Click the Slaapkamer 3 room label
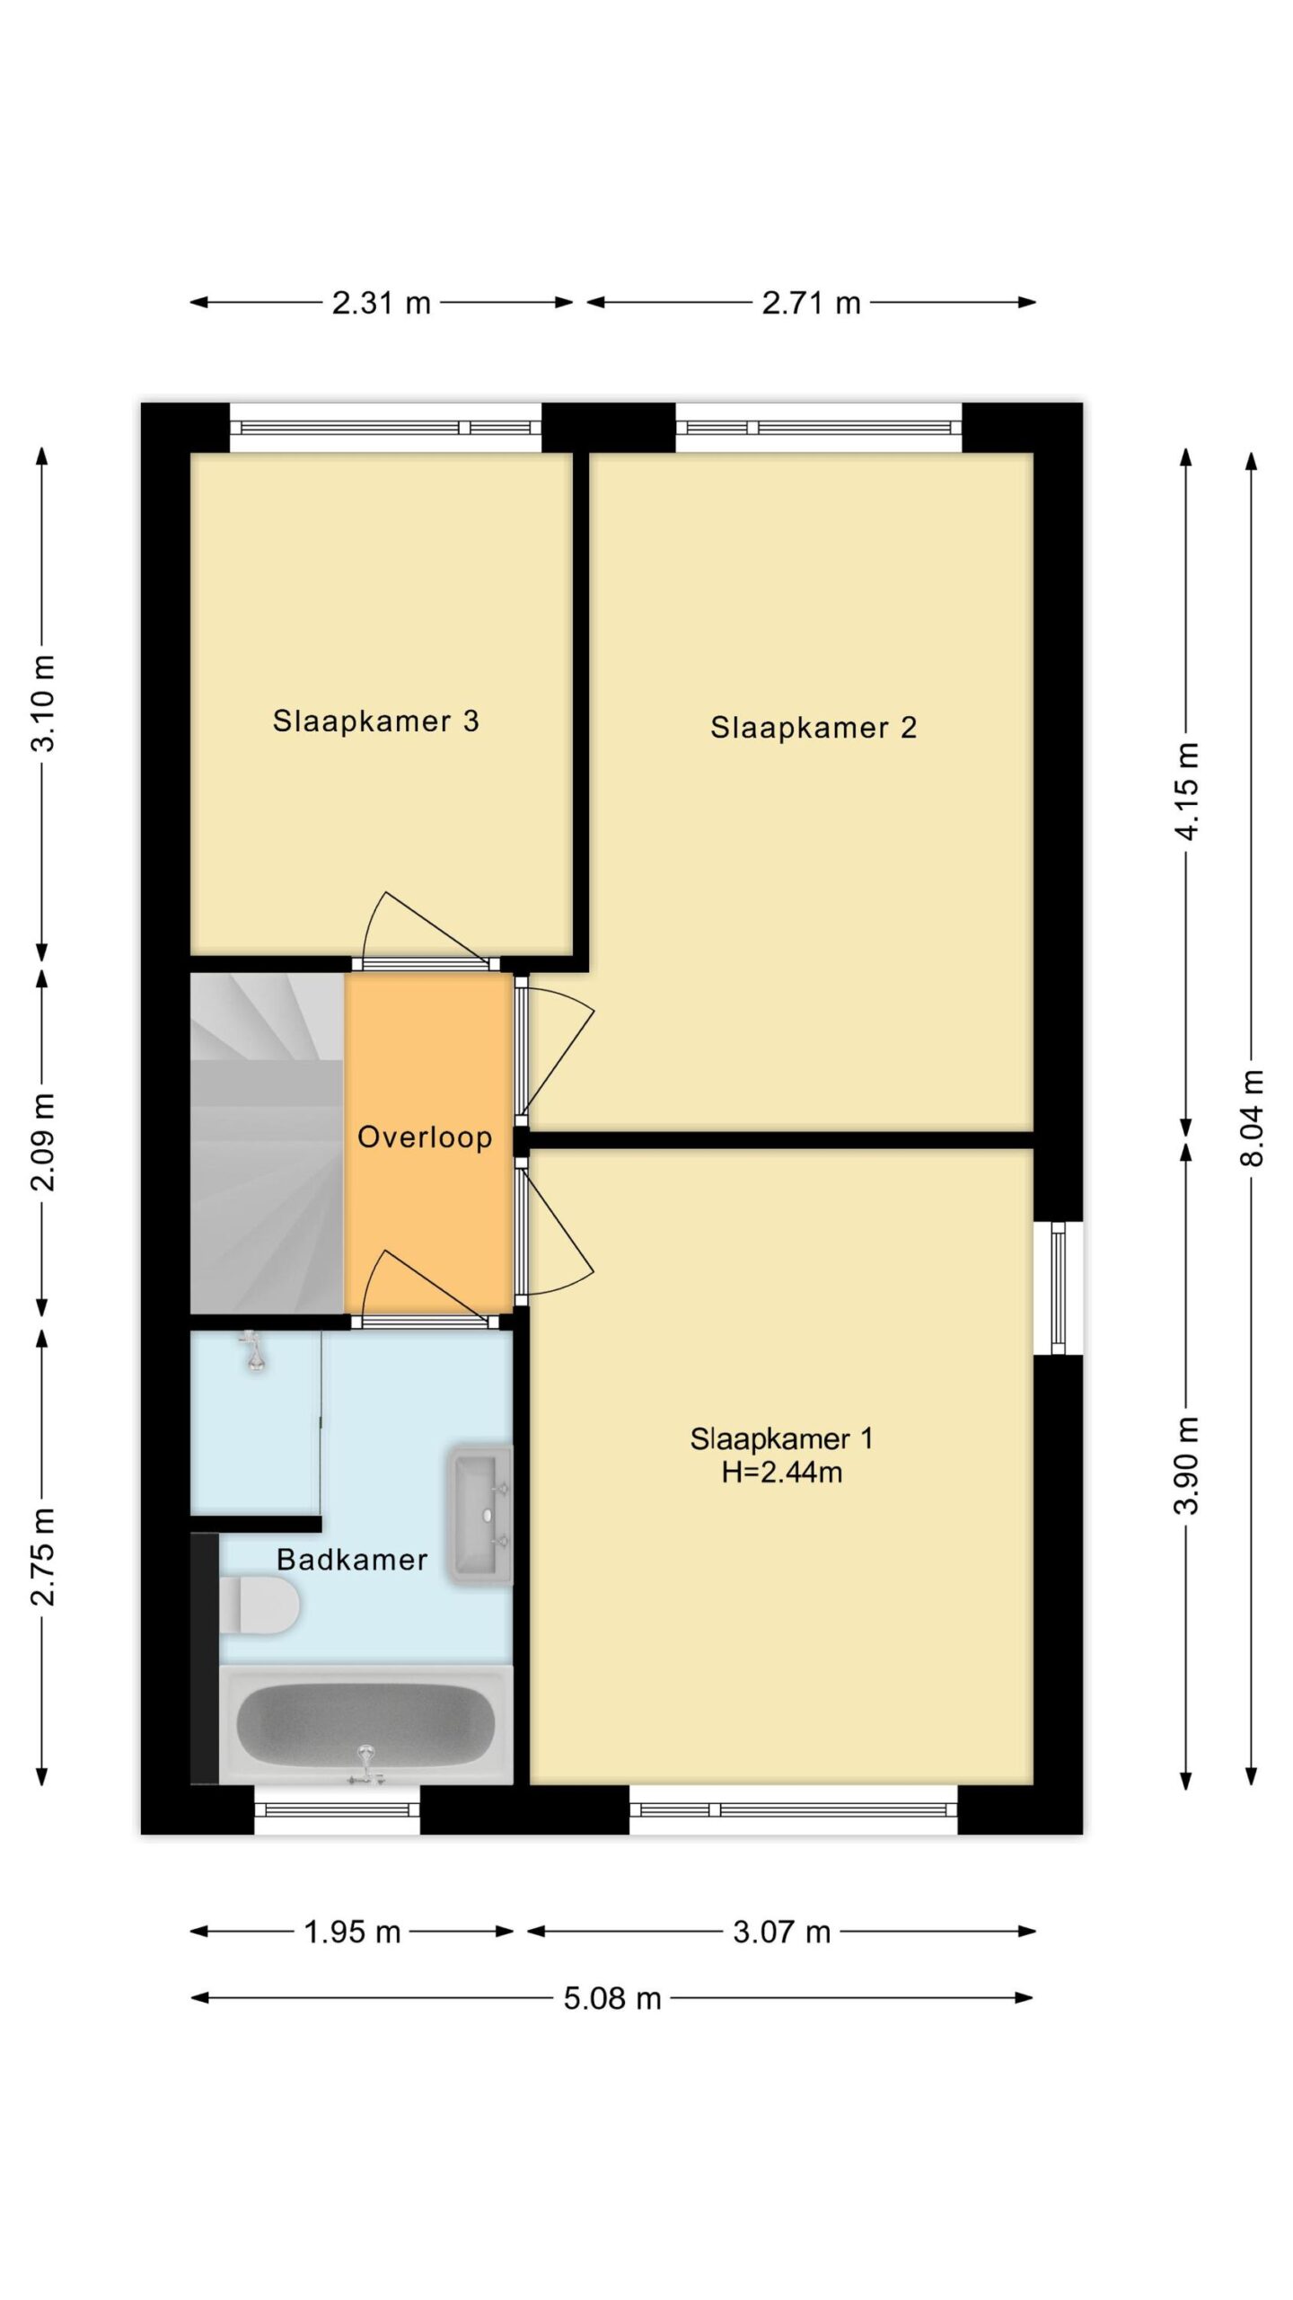pos(375,721)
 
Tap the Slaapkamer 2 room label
pos(814,728)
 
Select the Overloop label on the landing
pos(425,1137)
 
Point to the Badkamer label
pos(352,1560)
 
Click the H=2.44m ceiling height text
pos(782,1473)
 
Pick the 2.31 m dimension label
pos(382,303)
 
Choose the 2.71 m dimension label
pos(812,303)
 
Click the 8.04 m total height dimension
pos(1252,1119)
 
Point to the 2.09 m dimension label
pos(43,1143)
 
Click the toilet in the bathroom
pos(259,1605)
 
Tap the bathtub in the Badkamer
pos(365,1718)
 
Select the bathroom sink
pos(480,1516)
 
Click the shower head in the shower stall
pos(256,1350)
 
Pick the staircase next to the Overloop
pos(268,1144)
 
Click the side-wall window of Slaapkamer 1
pos(1059,1287)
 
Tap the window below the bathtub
pos(338,1809)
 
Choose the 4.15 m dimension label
pos(1187,791)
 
